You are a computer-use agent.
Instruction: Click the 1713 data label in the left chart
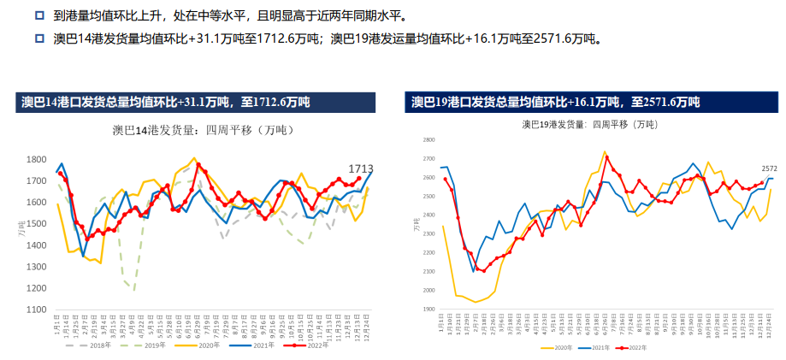click(361, 168)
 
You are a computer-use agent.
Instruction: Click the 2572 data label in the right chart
click(770, 168)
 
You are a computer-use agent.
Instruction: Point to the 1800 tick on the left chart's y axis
click(36, 160)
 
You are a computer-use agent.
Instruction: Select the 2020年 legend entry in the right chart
click(560, 349)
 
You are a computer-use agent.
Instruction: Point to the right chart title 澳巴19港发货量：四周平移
click(590, 124)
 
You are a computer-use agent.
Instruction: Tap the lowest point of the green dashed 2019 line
click(134, 289)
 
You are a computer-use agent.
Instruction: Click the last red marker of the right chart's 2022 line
click(761, 182)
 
